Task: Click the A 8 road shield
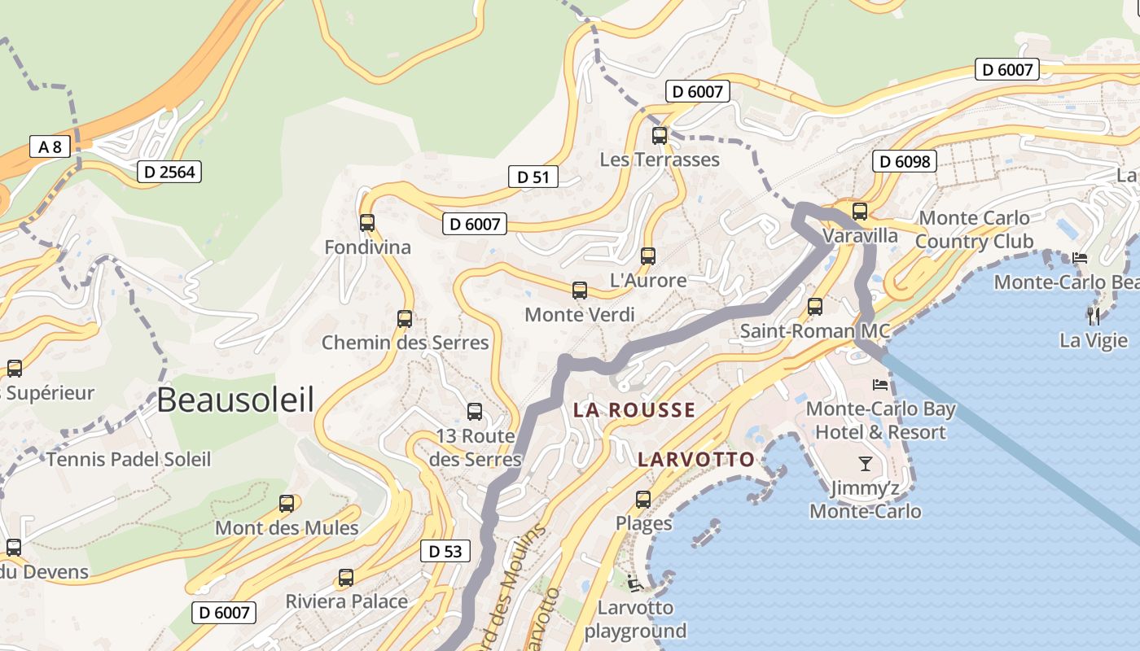point(50,146)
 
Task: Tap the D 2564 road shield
point(169,172)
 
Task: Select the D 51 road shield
point(533,177)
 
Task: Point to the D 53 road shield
point(445,551)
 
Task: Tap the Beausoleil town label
point(235,400)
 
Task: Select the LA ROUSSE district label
point(634,410)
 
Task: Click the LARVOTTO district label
point(696,460)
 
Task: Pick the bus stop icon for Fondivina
point(367,222)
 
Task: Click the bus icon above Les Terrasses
point(660,135)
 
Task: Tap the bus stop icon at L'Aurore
point(648,256)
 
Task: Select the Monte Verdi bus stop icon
point(580,290)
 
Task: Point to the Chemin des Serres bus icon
point(405,318)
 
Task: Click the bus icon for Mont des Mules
point(287,503)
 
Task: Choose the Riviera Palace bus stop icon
point(346,578)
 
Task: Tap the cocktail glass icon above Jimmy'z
point(865,464)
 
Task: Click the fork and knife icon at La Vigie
point(1093,315)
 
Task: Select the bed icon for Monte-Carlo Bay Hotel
point(880,384)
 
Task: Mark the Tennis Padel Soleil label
point(129,460)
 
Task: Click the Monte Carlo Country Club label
point(974,229)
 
